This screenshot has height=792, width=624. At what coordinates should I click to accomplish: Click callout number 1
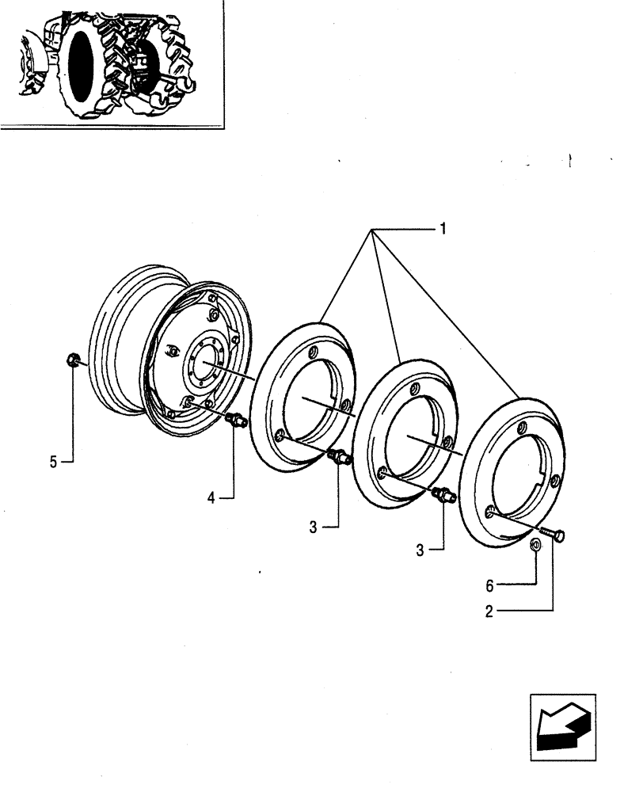pos(443,229)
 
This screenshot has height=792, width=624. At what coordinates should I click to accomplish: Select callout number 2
pos(490,611)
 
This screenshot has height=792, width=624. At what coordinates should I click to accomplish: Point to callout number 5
pos(53,462)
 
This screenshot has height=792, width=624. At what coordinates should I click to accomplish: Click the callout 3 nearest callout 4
pos(314,527)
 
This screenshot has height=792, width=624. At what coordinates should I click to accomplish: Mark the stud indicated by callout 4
pos(235,419)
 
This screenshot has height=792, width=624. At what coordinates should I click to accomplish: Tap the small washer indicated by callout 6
pos(535,545)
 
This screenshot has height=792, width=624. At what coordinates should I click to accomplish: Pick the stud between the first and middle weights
pos(339,456)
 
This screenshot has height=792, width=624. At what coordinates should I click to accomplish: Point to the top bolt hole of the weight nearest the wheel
pos(314,352)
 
